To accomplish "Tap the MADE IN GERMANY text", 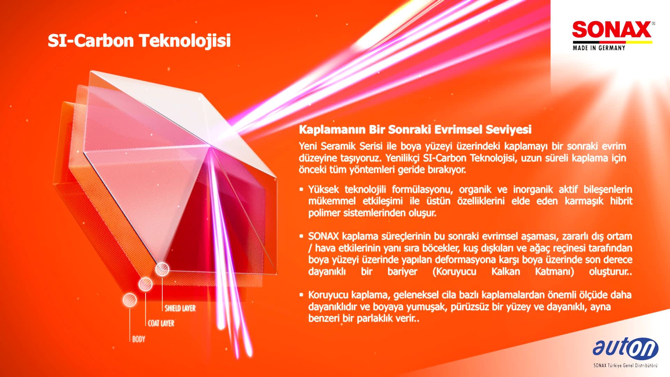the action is (599, 48).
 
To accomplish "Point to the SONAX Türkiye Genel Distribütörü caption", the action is (625, 365).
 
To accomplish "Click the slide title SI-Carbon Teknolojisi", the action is (139, 40).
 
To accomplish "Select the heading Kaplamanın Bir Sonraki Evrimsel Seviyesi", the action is (415, 130).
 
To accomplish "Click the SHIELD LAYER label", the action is (180, 308).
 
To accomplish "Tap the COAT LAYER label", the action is (161, 323).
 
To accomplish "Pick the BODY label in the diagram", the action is (139, 339).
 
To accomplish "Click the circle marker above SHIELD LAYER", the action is (162, 269).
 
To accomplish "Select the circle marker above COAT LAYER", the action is (145, 284).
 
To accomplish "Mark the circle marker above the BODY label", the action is (129, 300).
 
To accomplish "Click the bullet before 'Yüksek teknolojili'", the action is (301, 190).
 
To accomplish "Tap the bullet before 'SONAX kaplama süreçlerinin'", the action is (301, 236).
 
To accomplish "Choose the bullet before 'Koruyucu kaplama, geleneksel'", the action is (301, 295).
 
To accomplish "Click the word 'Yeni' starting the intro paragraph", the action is (308, 146).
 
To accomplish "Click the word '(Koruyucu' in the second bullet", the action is (454, 272).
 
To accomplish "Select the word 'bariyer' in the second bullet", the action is (402, 272).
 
